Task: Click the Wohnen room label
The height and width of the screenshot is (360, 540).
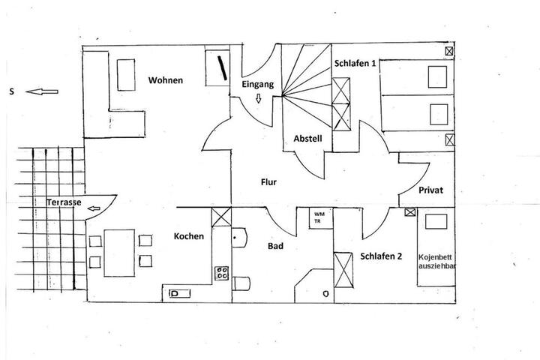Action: [166, 80]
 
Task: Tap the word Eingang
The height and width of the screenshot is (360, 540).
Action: [257, 85]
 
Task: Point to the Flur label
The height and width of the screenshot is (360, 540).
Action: [268, 182]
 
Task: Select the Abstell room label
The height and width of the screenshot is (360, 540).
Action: [308, 139]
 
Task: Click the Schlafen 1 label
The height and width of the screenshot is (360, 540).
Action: [355, 64]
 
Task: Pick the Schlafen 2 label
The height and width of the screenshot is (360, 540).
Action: [381, 256]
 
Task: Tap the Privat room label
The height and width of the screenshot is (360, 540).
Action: [430, 190]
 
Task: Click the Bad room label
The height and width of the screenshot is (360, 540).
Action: [275, 246]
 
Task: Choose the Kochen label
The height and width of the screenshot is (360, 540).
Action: [189, 236]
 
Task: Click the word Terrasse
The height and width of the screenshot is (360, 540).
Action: [64, 202]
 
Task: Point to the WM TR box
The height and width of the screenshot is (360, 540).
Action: [321, 218]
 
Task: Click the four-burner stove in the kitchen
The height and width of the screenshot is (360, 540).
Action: [222, 273]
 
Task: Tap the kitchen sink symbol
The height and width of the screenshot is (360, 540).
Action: [180, 293]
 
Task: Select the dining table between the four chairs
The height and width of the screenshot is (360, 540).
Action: [119, 253]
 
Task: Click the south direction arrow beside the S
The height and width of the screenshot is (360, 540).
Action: [42, 91]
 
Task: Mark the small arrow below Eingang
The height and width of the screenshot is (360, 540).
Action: [258, 98]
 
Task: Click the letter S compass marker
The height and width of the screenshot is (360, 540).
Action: [12, 91]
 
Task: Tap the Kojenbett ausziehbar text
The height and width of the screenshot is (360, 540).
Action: [437, 262]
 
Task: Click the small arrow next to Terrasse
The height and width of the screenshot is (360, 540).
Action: [94, 208]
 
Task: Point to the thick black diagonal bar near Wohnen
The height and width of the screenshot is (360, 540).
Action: [222, 67]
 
